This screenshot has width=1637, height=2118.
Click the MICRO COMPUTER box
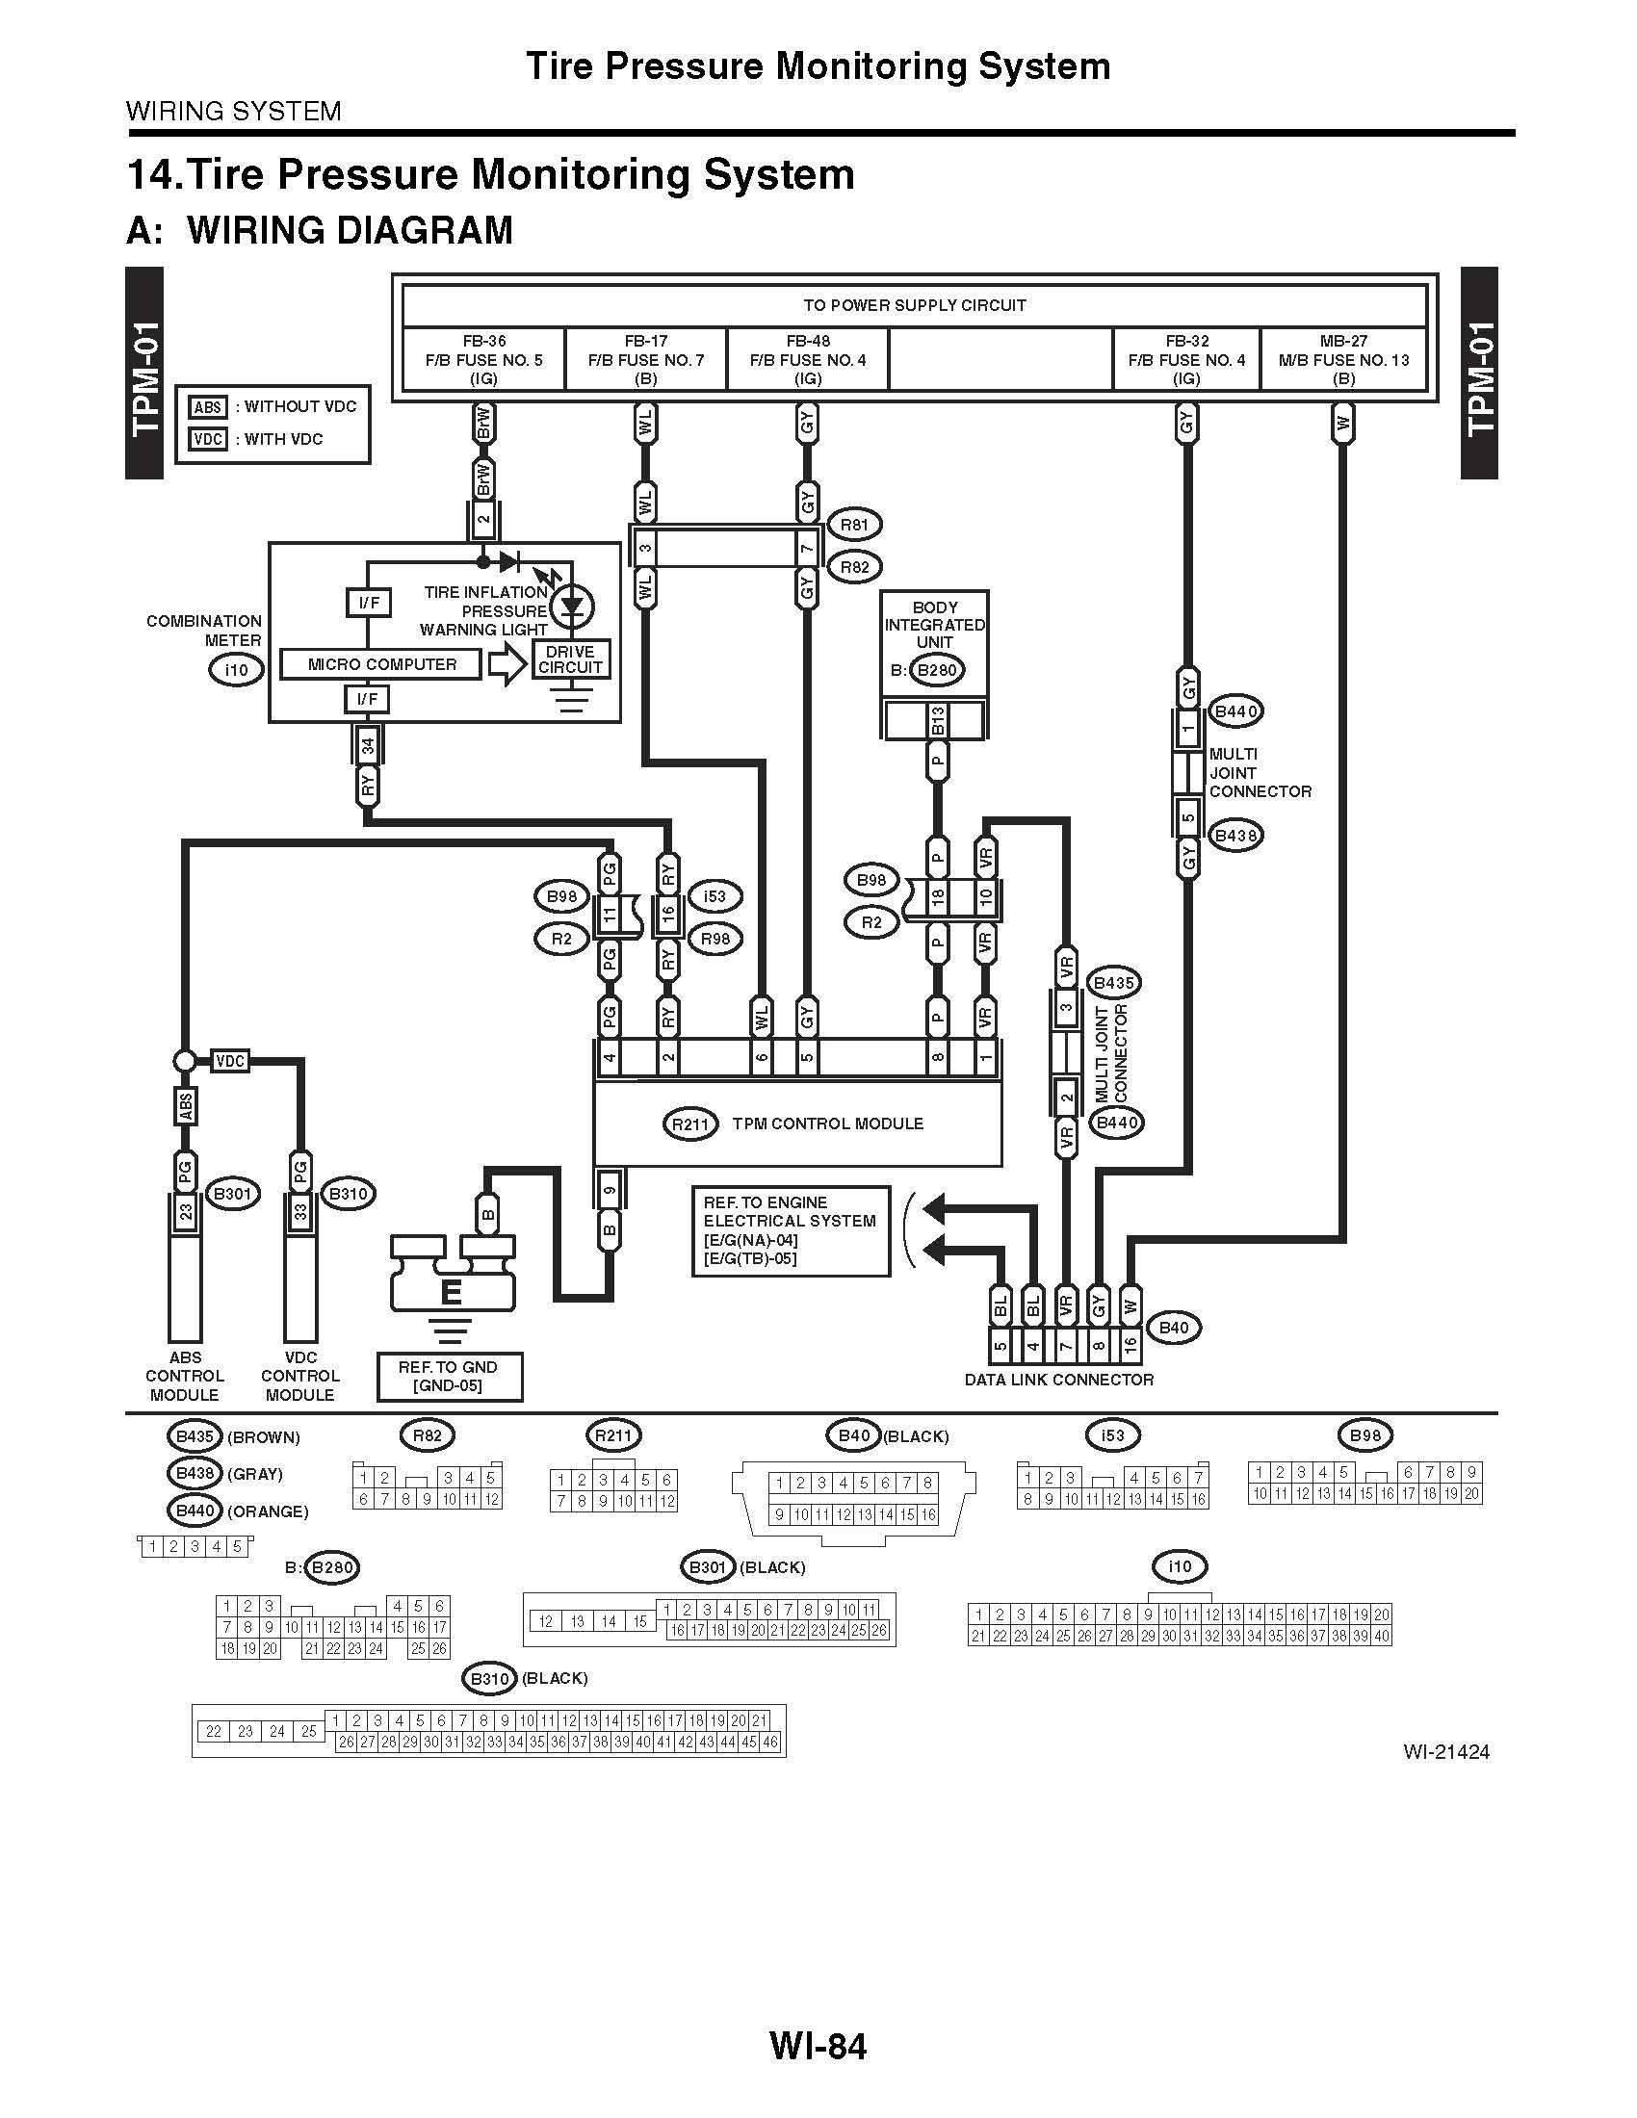(381, 664)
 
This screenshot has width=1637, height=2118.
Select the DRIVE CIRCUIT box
(570, 659)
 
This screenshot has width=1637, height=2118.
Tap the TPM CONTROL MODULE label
(827, 1124)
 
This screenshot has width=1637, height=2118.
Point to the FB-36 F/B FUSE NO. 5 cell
(483, 360)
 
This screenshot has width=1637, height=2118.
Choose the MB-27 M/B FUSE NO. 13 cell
(1343, 360)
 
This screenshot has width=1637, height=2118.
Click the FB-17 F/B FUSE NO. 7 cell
(646, 360)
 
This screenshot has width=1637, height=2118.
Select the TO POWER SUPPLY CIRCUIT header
(914, 305)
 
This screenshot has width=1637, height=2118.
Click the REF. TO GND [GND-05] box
(448, 1376)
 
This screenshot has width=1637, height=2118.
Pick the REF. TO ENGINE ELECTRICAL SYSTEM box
(791, 1230)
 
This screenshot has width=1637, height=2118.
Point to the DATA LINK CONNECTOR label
(1059, 1380)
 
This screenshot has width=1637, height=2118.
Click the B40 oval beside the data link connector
(1174, 1328)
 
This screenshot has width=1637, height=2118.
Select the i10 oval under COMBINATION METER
(236, 670)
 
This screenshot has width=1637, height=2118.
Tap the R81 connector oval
(853, 526)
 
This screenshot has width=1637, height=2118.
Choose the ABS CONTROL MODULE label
(184, 1376)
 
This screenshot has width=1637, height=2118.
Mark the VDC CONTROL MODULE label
(299, 1376)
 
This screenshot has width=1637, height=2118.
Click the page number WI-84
(818, 2046)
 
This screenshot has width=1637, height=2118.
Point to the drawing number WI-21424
(1445, 1752)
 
